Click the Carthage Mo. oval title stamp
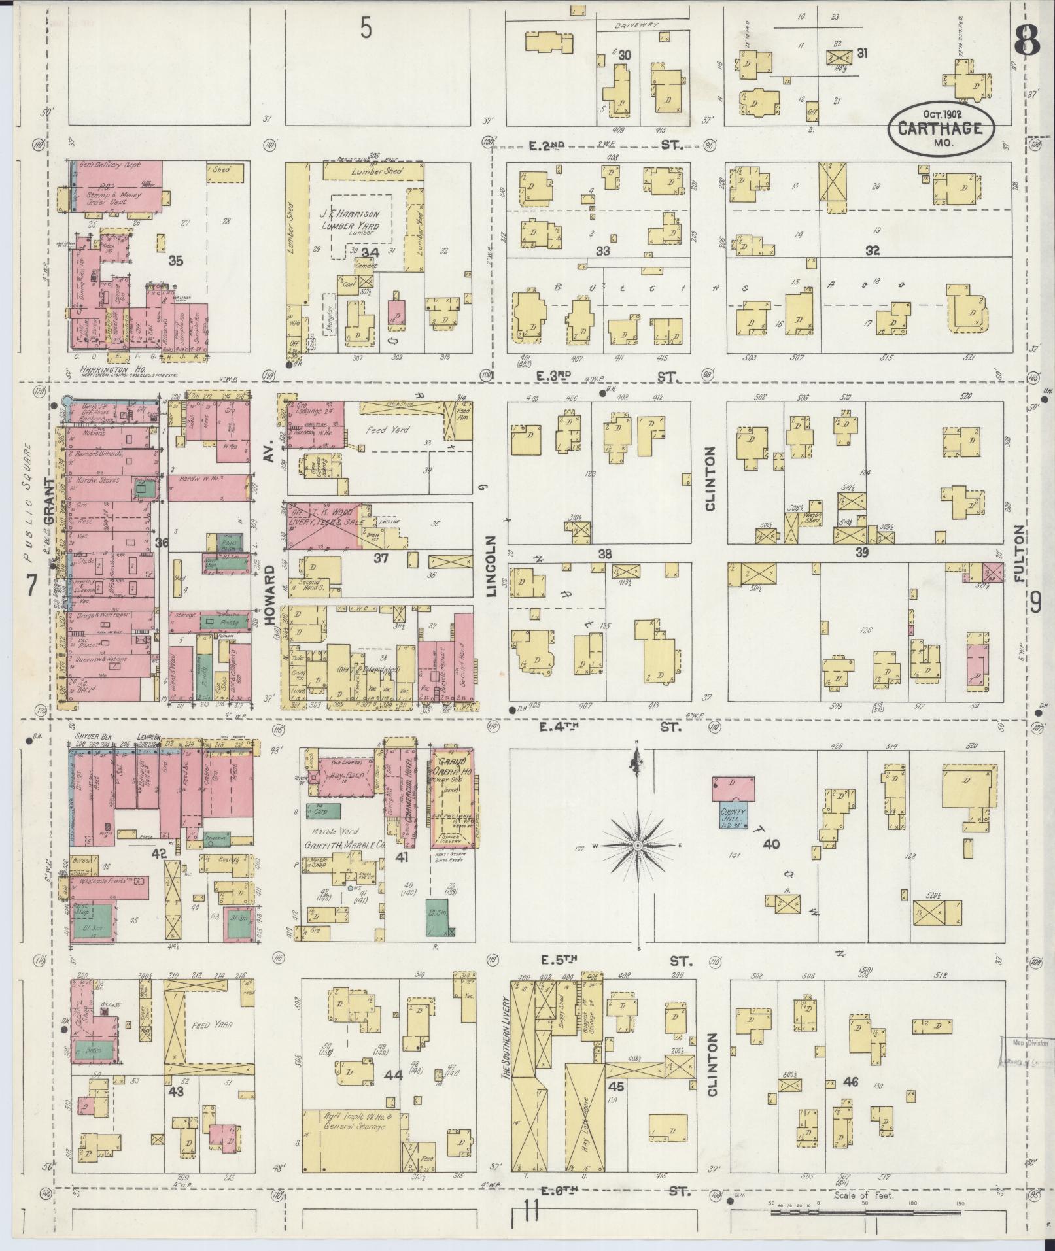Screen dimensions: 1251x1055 (941, 128)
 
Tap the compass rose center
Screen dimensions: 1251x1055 (637, 846)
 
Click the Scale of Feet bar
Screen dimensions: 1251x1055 (863, 1212)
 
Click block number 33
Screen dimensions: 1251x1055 (602, 250)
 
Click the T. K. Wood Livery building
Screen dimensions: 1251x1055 (324, 525)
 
